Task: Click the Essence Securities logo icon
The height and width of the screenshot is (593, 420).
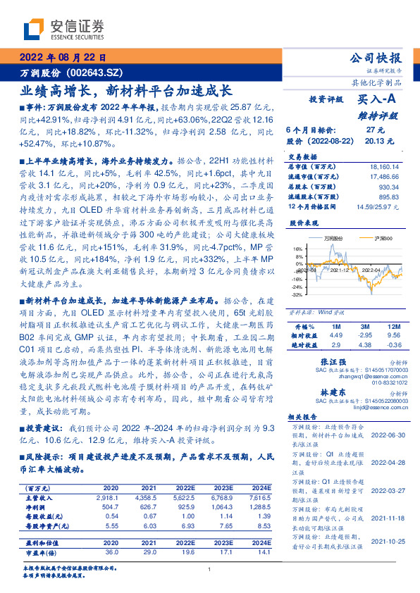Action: point(36,28)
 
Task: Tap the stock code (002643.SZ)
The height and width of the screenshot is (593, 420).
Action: point(99,73)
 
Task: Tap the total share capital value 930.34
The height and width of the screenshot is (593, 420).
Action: point(389,188)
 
